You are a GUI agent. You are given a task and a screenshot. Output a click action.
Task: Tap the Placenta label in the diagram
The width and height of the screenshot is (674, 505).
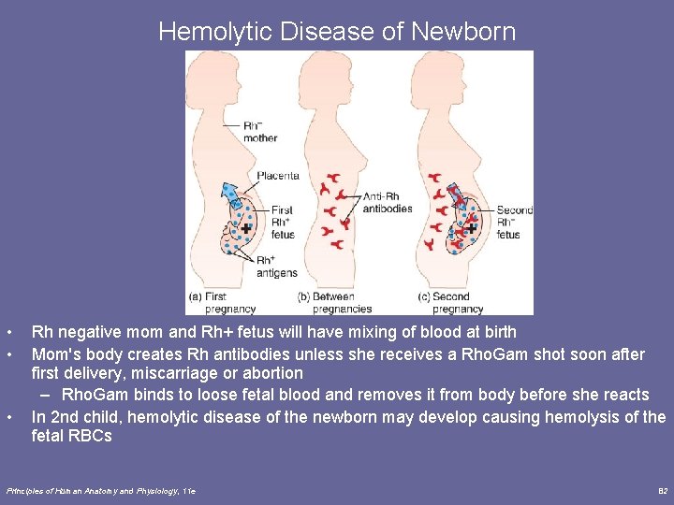pos(277,175)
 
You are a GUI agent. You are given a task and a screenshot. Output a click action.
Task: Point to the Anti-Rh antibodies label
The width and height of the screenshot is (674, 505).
pos(386,202)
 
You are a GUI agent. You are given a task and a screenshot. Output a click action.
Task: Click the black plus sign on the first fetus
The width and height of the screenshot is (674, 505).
pos(245,227)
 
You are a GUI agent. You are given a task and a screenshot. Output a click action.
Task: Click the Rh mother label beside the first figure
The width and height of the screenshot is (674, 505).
pos(261,132)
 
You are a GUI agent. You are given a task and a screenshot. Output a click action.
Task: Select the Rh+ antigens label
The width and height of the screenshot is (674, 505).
pos(276,267)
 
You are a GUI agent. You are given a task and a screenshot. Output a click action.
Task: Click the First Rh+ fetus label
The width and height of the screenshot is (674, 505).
pos(282,223)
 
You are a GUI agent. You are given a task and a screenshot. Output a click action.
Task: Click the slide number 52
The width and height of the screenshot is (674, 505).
pos(662,490)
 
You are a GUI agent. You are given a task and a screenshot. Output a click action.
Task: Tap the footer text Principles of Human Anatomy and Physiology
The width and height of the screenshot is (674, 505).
pos(98,490)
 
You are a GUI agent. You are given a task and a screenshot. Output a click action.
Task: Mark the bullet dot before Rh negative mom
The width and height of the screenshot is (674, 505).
pos(8,333)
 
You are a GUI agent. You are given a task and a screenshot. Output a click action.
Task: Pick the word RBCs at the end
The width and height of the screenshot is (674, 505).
pos(92,436)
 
